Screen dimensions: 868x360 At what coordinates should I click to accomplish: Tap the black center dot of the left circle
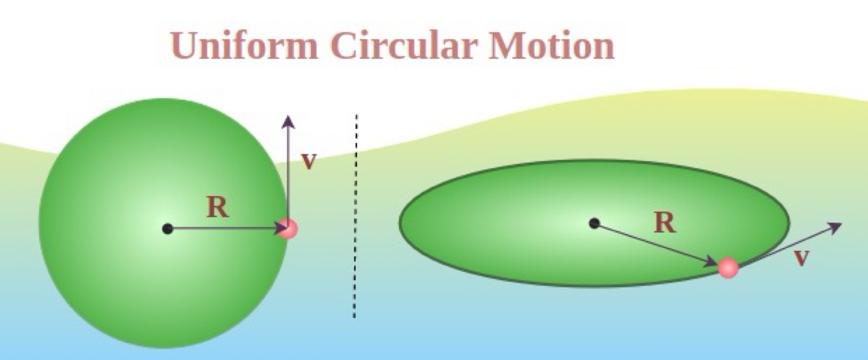tap(168, 228)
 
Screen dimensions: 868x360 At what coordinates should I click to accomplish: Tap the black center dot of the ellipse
tap(593, 223)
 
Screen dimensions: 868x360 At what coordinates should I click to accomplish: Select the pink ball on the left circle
tap(287, 228)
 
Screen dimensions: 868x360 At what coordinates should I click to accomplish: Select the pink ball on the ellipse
tap(727, 266)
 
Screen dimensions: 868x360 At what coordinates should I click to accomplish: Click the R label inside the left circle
tap(217, 207)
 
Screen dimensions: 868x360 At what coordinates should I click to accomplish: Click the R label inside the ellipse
tap(664, 223)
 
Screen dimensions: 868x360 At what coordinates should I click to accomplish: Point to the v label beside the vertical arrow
tap(308, 161)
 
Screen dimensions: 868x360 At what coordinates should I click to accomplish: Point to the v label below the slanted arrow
tap(802, 258)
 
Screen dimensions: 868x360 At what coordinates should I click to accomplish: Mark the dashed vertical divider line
tap(355, 215)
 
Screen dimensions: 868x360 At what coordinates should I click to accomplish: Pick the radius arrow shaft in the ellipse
tap(657, 243)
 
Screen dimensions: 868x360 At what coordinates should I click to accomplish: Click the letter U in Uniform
tap(185, 46)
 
